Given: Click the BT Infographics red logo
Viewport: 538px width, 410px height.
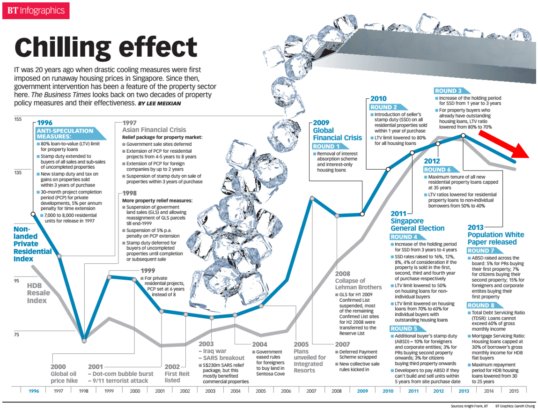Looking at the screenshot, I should [x=36, y=10].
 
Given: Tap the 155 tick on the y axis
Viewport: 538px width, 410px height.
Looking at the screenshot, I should [x=18, y=120].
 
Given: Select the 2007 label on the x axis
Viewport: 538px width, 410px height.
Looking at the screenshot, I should [x=311, y=391].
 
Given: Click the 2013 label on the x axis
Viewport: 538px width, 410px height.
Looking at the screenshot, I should [x=464, y=391].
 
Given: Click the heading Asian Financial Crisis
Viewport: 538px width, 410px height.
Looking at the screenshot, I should [x=154, y=130].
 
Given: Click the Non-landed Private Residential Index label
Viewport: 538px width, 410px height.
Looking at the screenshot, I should [x=32, y=244].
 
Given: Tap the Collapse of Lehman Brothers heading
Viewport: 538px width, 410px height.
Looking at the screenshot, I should [x=358, y=283].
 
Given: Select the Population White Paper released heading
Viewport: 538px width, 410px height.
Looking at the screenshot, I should [x=496, y=239].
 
